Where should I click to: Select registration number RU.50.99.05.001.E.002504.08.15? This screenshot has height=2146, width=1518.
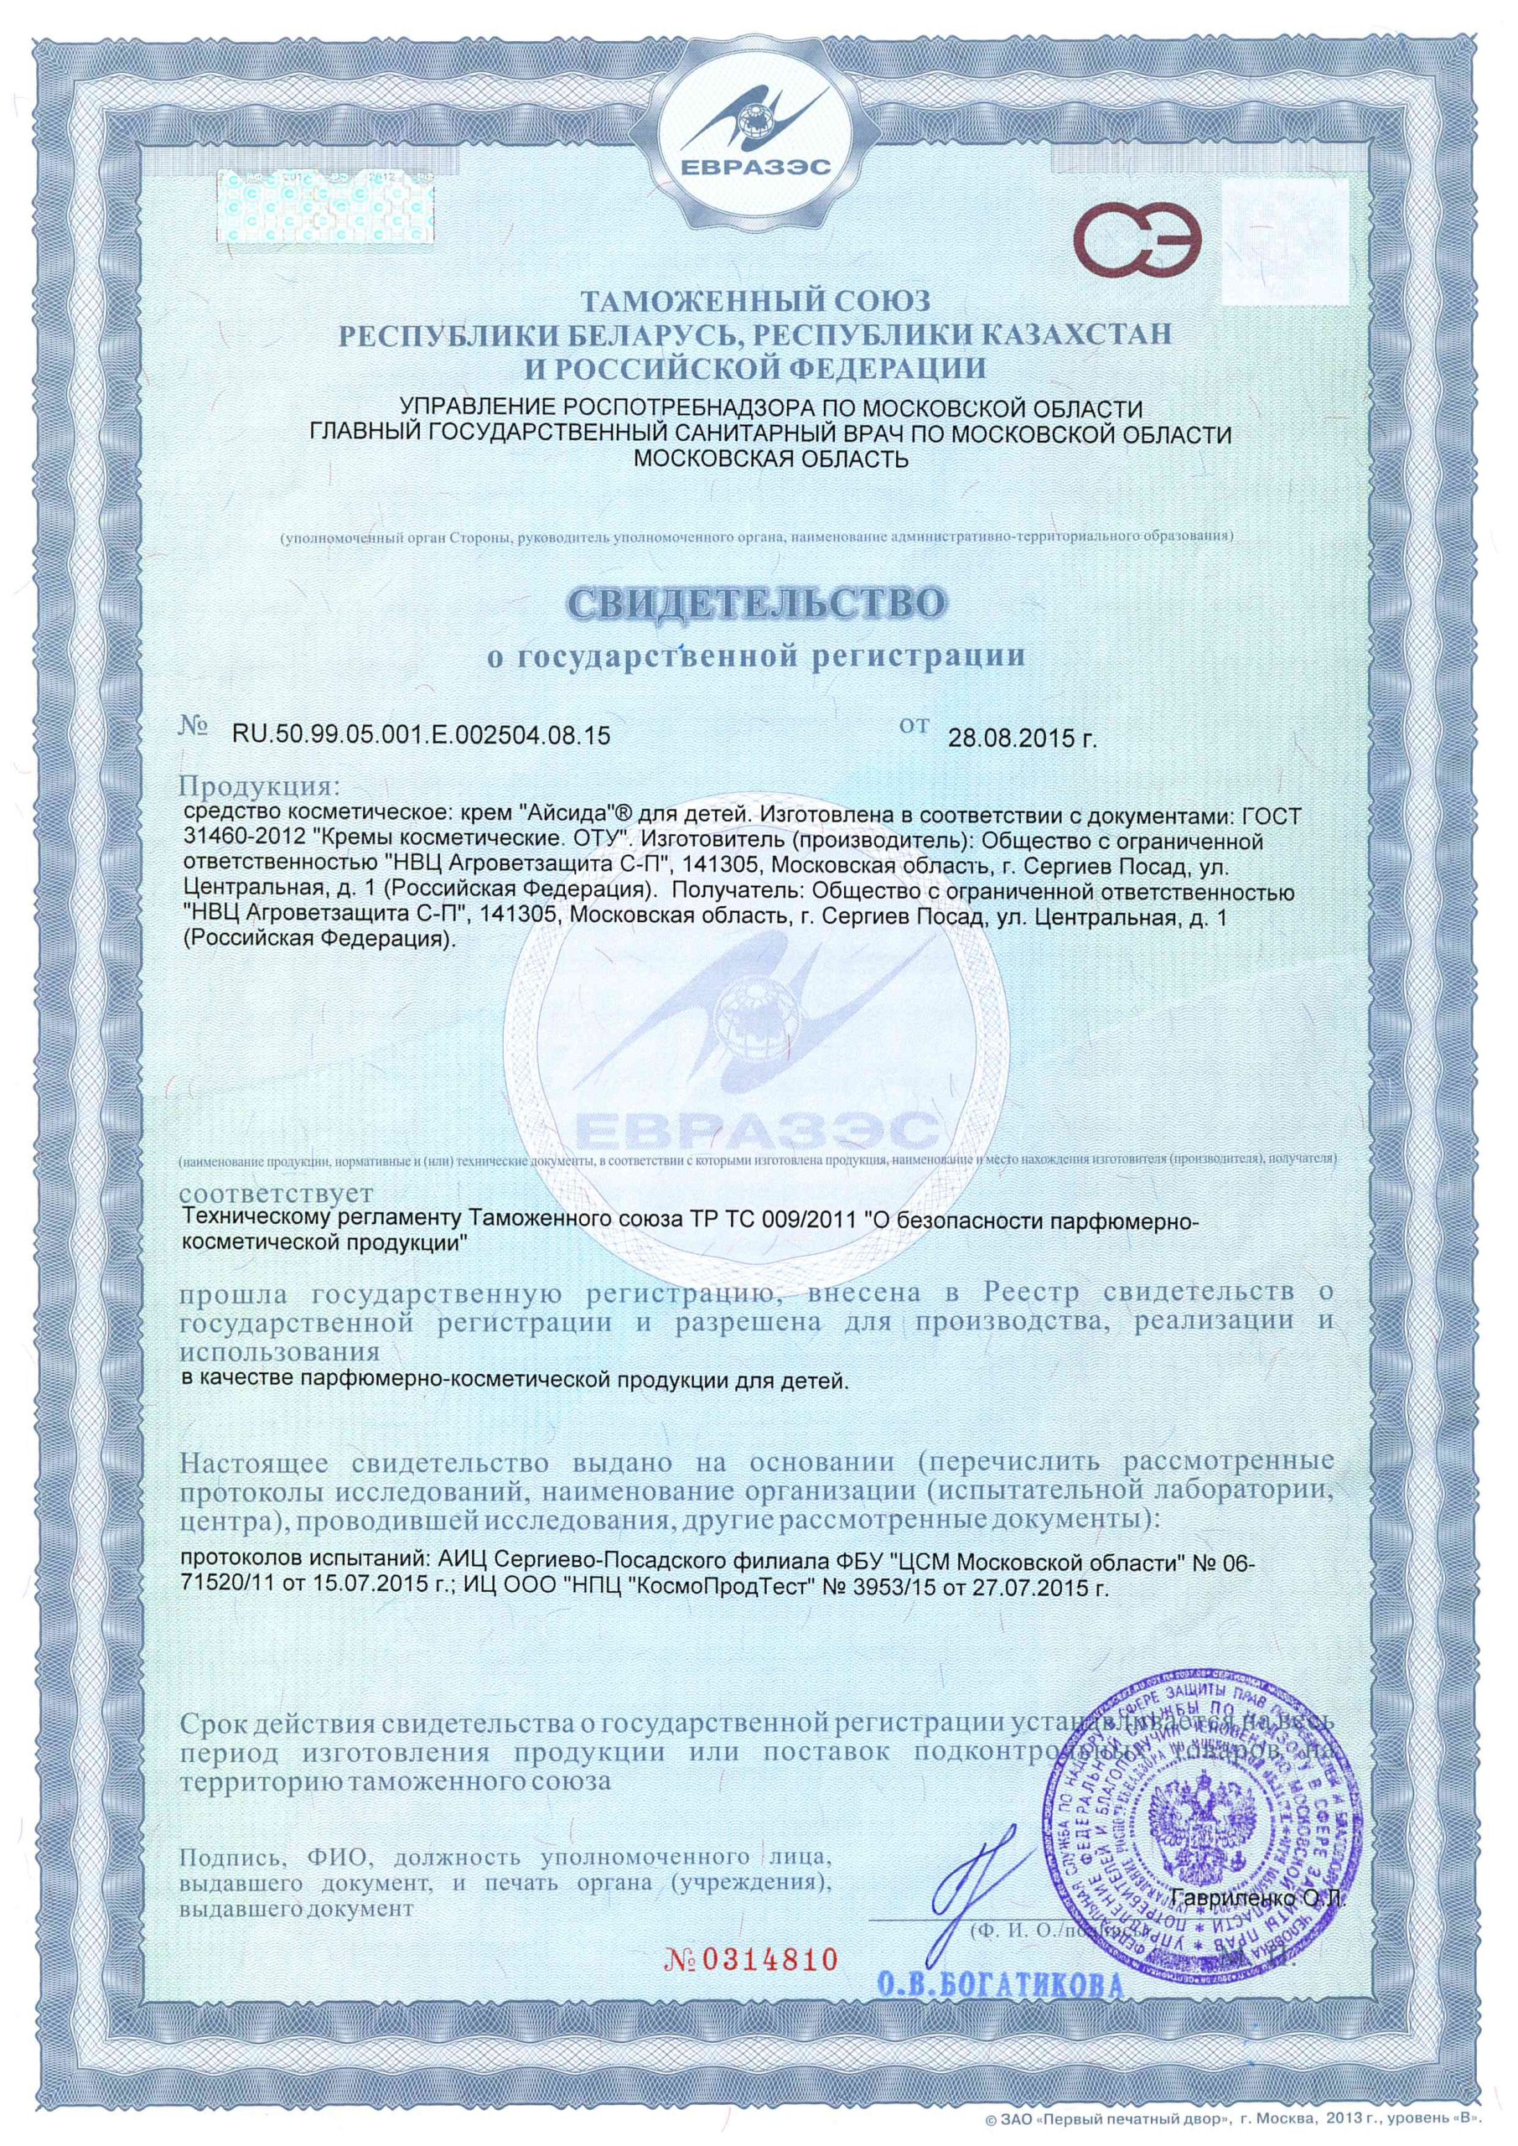[421, 735]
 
